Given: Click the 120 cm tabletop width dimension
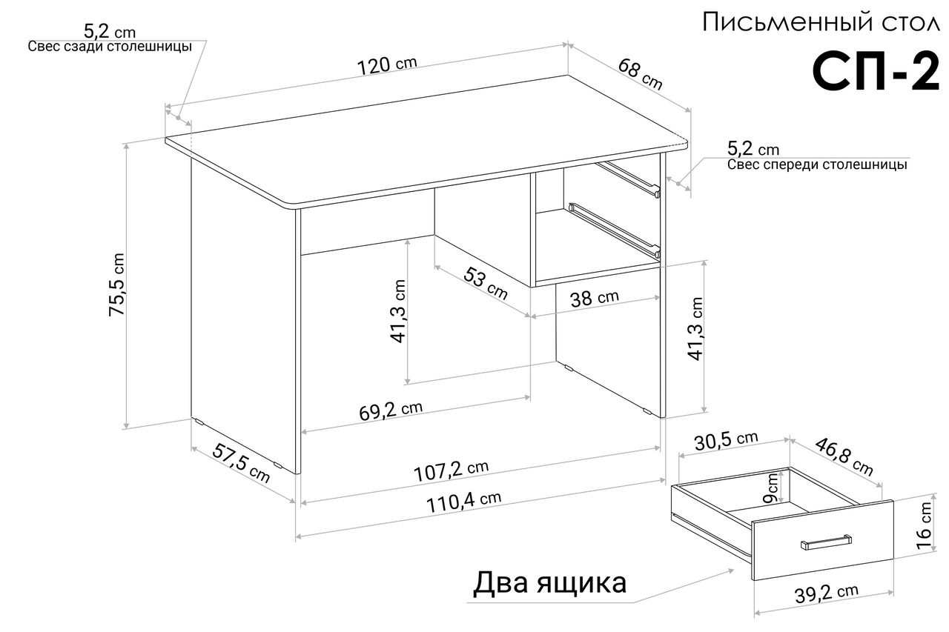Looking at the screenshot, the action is click(x=387, y=66).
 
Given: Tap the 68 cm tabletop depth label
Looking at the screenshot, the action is click(x=640, y=75).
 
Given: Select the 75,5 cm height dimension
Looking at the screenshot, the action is click(x=116, y=284).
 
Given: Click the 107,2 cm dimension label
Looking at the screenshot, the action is click(x=451, y=470).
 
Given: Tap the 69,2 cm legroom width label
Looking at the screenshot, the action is click(x=391, y=410).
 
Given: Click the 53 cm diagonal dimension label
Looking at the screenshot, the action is click(x=486, y=283).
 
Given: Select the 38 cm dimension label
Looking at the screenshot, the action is click(x=595, y=298).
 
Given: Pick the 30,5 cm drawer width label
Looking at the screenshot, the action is click(x=726, y=441).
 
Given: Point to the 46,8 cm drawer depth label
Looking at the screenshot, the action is click(x=844, y=456).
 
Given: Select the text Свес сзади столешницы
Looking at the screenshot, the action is click(x=110, y=46).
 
